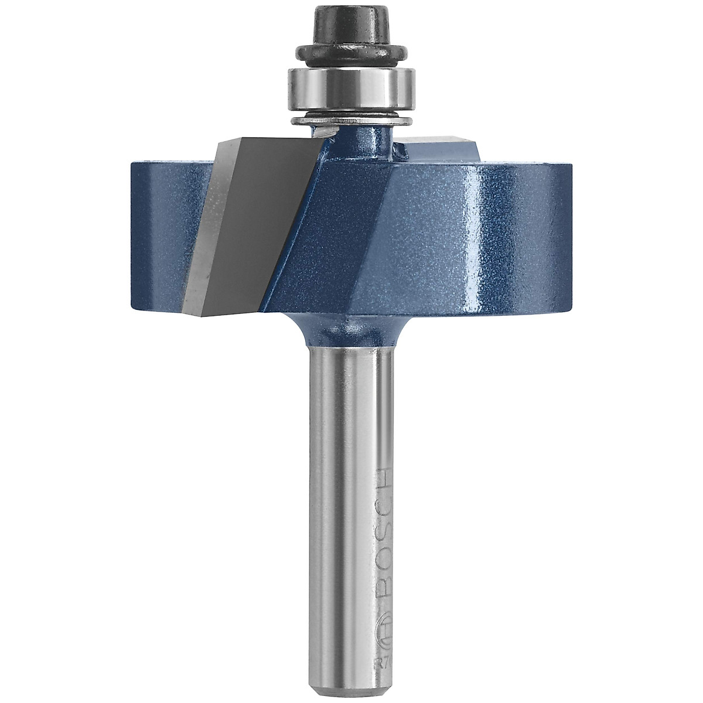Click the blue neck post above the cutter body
(x=363, y=141)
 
